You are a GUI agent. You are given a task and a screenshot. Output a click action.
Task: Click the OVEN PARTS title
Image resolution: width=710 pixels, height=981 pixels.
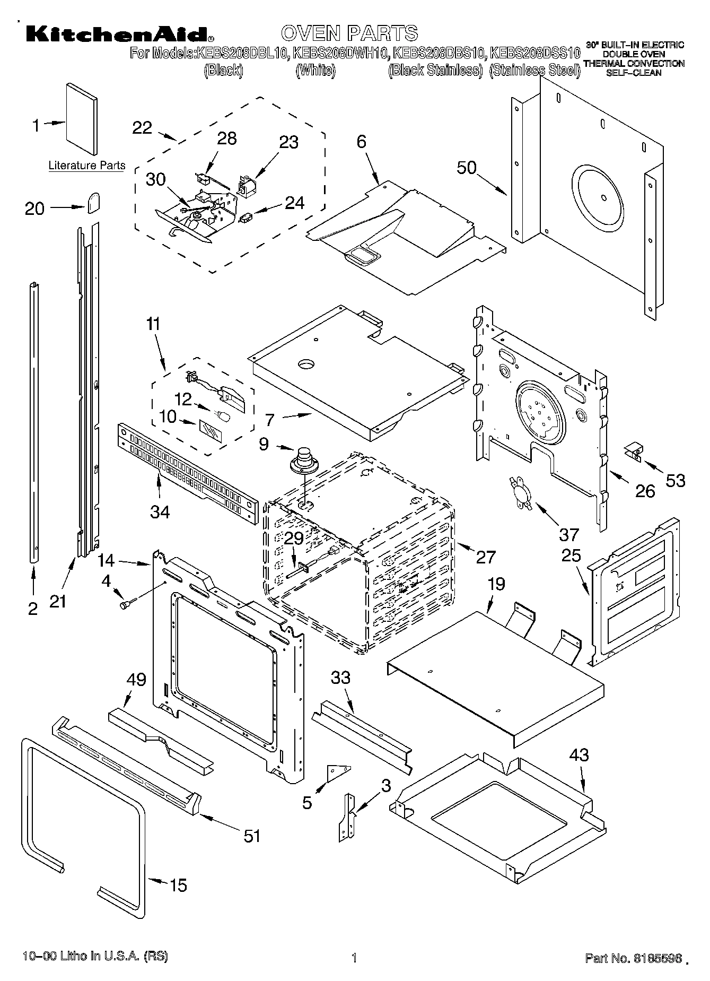tap(349, 33)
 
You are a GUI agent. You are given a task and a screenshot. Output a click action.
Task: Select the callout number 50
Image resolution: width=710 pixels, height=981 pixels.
tap(467, 168)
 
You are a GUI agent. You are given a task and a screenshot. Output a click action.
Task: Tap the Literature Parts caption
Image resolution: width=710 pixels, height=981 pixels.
tap(87, 165)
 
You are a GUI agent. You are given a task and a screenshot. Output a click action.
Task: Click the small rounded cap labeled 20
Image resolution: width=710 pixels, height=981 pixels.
tap(94, 202)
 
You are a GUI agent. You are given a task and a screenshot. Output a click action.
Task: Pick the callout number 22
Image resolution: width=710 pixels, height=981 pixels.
tap(142, 128)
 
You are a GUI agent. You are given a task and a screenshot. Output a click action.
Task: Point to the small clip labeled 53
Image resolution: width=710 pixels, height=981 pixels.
tap(632, 451)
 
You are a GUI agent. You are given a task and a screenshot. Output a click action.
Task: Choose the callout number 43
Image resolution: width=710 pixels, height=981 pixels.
tap(578, 754)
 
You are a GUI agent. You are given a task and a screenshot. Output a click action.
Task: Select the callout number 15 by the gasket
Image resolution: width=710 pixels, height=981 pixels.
tap(179, 885)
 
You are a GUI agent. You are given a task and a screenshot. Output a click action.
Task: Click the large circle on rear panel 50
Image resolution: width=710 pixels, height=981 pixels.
tap(602, 197)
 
